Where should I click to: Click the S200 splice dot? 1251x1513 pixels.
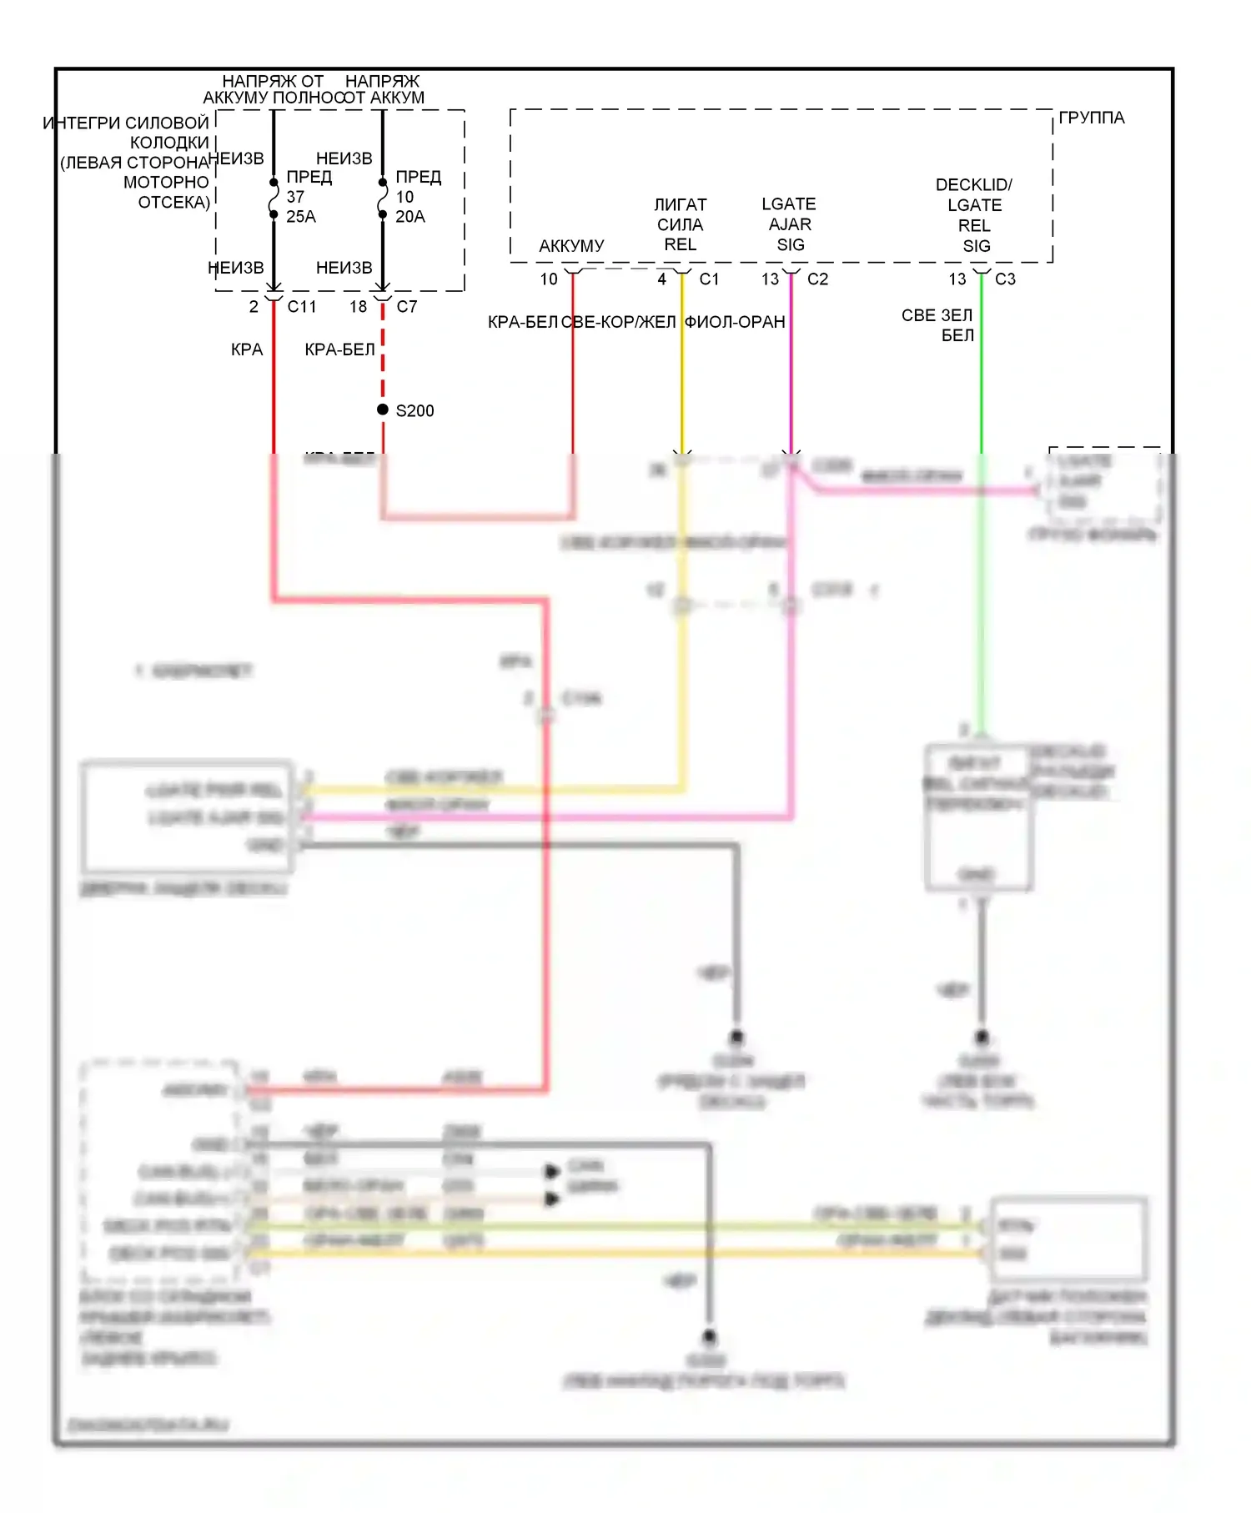point(383,410)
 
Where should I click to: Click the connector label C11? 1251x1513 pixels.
point(302,307)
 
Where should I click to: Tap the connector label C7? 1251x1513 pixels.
point(407,307)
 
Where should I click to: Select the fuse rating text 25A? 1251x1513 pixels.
point(301,217)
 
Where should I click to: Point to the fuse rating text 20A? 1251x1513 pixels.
point(410,217)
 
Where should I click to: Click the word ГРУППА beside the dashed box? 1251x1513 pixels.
point(1092,118)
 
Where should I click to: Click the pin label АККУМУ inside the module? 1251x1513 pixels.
point(571,246)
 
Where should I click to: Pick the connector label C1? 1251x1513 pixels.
point(709,279)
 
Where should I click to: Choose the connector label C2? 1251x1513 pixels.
point(817,279)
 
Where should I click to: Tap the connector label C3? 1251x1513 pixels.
point(1005,279)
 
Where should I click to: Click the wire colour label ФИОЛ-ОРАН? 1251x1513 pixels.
point(735,323)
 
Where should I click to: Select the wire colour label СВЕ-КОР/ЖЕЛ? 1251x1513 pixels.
point(619,323)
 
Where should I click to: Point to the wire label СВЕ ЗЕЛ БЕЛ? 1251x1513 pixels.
point(938,325)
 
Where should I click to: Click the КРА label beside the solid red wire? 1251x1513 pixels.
point(247,350)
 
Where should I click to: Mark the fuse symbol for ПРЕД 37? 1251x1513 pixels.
point(274,199)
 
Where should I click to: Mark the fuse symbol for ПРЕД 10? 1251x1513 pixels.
point(383,199)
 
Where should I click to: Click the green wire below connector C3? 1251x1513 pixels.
point(982,375)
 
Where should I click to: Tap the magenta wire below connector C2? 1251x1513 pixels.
point(791,375)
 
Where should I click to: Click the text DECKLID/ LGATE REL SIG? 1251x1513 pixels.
point(974,215)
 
